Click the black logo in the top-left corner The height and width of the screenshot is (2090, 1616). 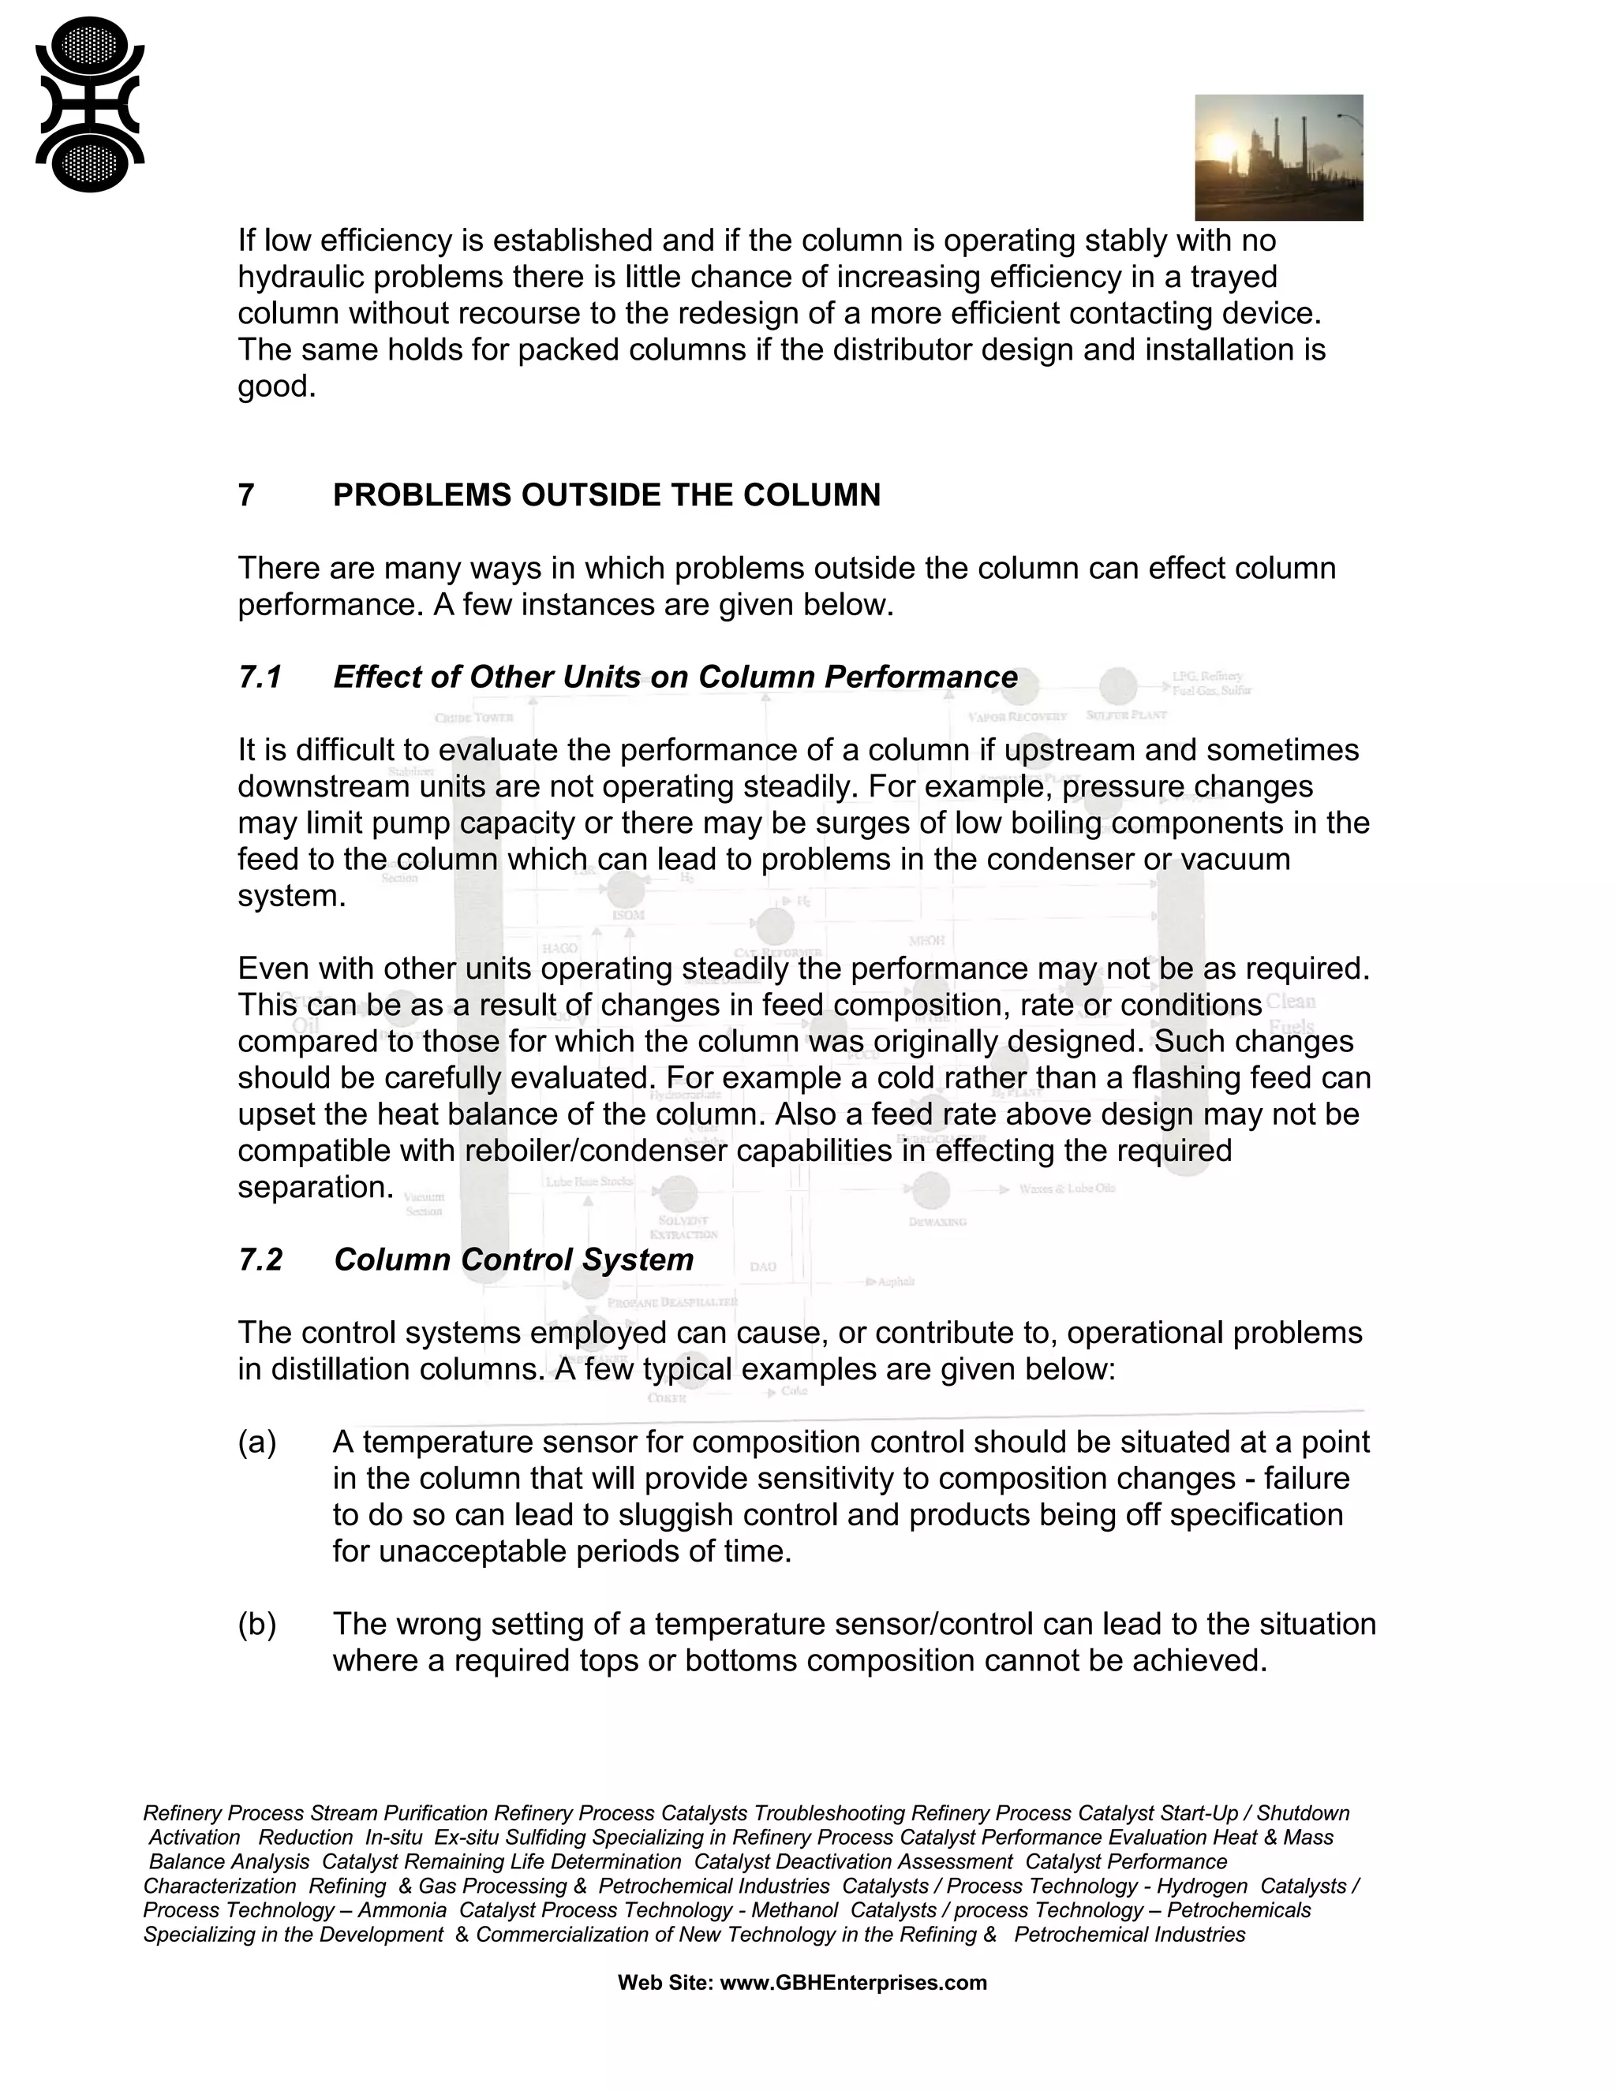point(90,104)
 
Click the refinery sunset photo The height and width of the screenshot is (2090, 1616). point(1278,157)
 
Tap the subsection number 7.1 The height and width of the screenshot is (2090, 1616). point(260,677)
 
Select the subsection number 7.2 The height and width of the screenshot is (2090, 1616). point(260,1260)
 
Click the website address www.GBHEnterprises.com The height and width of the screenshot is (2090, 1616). point(852,1982)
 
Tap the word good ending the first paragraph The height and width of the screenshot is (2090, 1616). point(275,386)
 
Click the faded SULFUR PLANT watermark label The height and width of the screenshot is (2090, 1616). point(1126,715)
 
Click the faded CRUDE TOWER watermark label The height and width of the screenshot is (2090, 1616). point(474,717)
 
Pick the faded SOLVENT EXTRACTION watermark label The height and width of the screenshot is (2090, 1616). point(683,1227)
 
